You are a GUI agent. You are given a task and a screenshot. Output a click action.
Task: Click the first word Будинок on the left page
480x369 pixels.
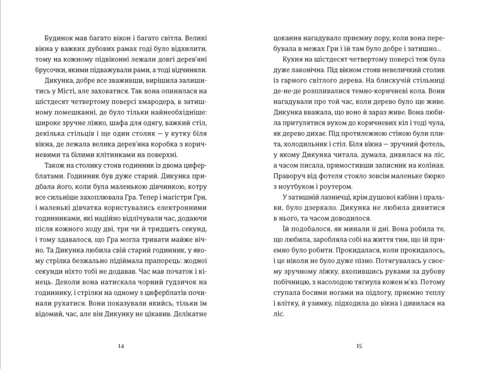(x=59, y=38)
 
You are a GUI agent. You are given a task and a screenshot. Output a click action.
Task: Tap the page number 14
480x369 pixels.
(x=121, y=346)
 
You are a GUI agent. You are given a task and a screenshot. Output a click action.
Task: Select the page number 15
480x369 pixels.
(x=359, y=346)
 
